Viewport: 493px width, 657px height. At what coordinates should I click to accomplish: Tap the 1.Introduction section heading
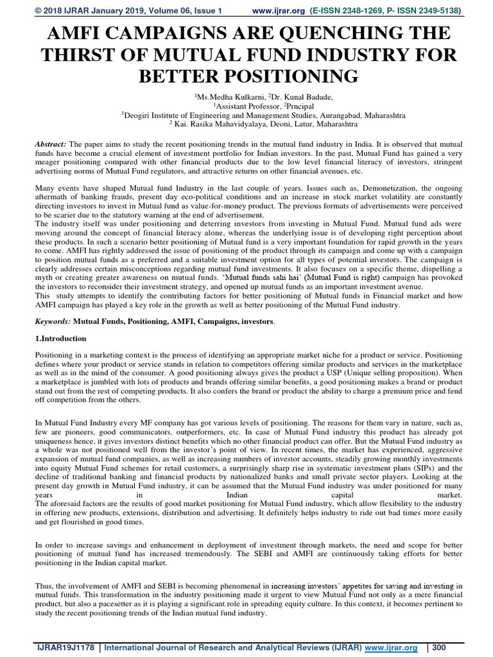click(60, 338)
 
